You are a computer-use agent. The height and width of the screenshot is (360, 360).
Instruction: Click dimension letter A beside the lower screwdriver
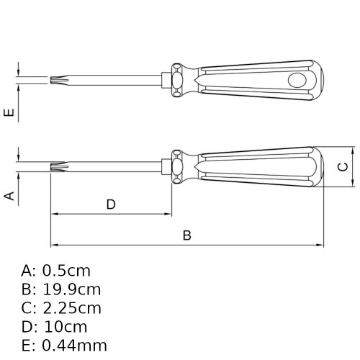click(9, 196)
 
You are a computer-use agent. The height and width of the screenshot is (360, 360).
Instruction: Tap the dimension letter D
click(111, 204)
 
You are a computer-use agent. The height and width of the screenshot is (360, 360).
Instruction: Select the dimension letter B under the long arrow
click(186, 235)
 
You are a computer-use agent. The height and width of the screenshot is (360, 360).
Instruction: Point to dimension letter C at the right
click(344, 167)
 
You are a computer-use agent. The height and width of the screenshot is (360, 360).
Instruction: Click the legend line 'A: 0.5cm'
click(56, 271)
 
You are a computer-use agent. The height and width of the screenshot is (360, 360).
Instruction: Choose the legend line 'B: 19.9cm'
click(61, 289)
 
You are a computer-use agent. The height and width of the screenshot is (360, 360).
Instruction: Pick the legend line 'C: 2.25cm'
click(61, 308)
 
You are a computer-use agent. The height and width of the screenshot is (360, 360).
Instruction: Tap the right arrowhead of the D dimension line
click(170, 214)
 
